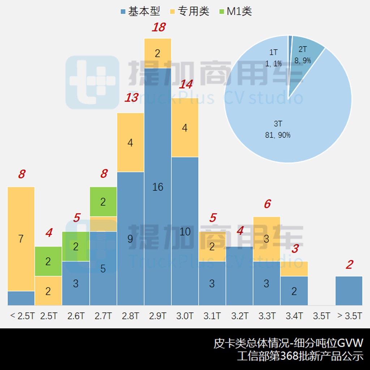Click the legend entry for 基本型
click(x=140, y=11)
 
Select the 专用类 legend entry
click(x=190, y=11)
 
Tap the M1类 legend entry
click(x=235, y=11)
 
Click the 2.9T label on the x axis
click(x=158, y=316)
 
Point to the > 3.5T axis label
click(x=349, y=316)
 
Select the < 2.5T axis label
click(x=21, y=316)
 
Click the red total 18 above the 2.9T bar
click(x=158, y=27)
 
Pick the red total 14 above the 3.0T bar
click(x=186, y=85)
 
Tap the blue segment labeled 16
click(x=158, y=187)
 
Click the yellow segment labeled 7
click(x=21, y=238)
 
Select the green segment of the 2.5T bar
click(x=48, y=261)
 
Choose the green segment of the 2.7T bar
click(x=103, y=202)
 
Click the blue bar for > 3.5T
click(x=349, y=291)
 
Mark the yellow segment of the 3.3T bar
click(x=267, y=239)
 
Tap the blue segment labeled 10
click(x=185, y=231)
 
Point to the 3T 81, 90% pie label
click(x=277, y=130)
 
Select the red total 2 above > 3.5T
click(x=349, y=265)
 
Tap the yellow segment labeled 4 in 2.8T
click(x=130, y=142)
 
